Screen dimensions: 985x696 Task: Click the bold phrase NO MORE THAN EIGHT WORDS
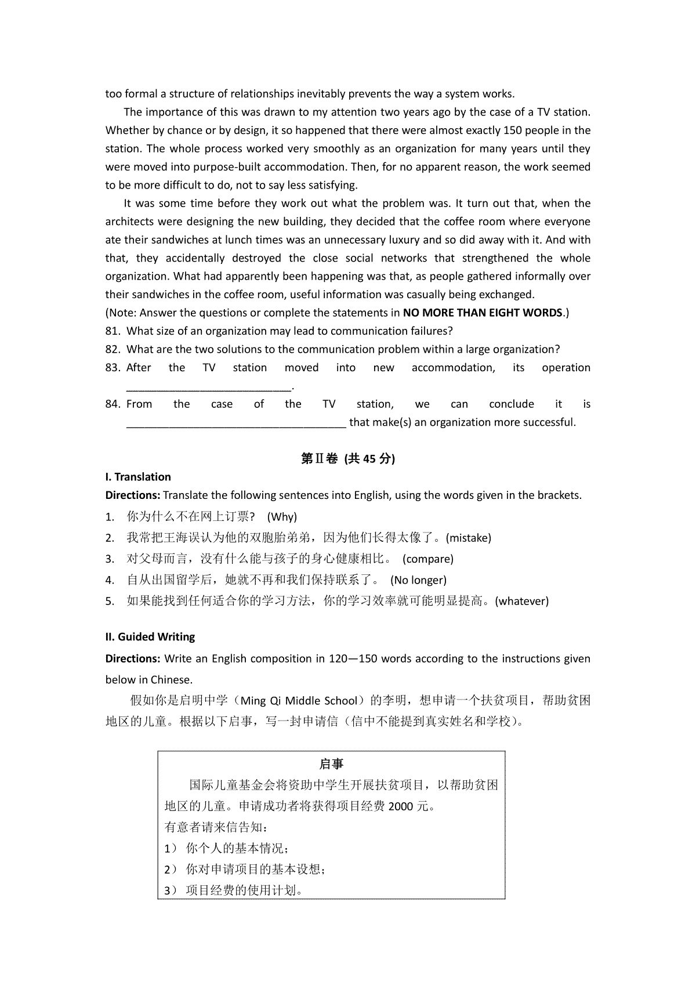483,313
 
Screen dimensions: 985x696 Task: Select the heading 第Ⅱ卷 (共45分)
348,459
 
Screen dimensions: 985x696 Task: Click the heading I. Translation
138,477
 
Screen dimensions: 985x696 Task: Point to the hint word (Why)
283,517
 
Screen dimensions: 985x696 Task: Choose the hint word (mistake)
469,538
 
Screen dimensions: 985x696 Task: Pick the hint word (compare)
428,559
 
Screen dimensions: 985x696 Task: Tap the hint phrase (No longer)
418,580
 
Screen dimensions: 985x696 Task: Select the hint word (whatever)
522,602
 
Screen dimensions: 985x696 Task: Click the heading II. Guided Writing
150,637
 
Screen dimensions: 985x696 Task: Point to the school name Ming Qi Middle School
299,701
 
